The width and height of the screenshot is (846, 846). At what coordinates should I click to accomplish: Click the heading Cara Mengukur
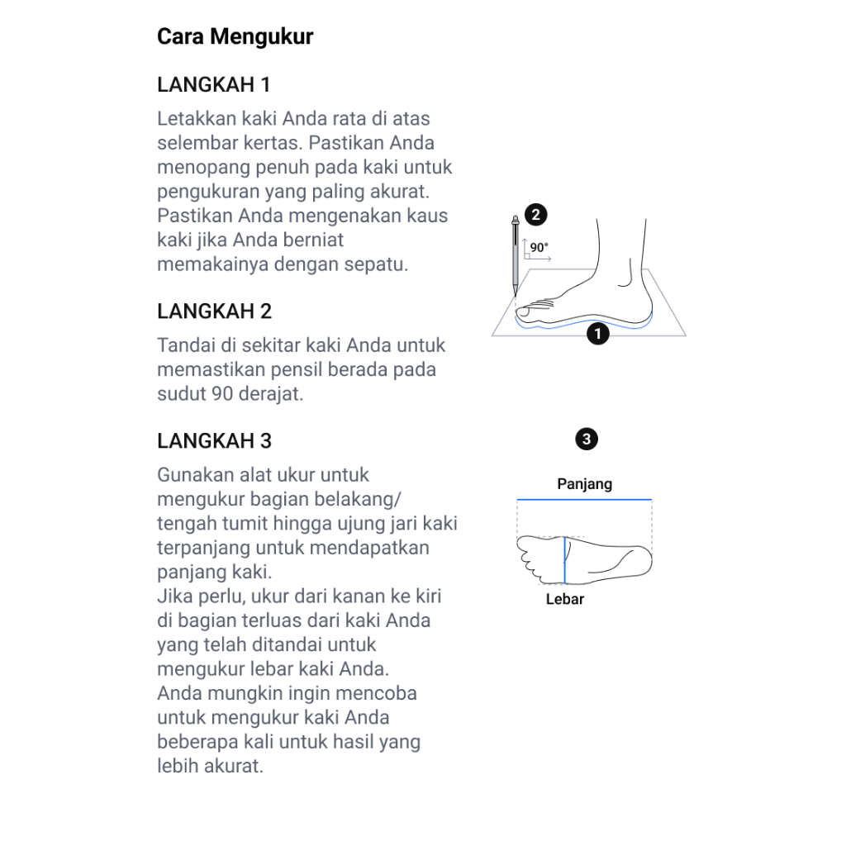point(235,37)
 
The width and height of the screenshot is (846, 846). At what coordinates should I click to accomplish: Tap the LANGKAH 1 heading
point(214,85)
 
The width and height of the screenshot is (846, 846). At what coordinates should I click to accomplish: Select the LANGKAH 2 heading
point(214,311)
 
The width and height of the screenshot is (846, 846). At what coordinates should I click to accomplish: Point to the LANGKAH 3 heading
point(214,440)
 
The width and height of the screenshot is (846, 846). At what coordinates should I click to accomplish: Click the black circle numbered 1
point(596,335)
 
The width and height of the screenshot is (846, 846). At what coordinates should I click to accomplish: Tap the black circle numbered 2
point(535,216)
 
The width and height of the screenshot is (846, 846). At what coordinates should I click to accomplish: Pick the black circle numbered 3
point(587,439)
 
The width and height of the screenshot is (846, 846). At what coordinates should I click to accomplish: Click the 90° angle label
point(539,247)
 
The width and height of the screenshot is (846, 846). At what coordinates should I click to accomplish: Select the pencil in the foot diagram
point(516,256)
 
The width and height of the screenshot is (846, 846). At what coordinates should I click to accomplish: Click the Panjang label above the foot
point(584,484)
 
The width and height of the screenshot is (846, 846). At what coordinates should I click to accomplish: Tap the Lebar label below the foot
point(565,599)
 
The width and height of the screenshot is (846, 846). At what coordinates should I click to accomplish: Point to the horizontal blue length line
point(584,500)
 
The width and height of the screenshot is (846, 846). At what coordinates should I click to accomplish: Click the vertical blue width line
point(565,560)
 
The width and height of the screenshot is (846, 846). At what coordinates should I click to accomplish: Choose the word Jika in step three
point(173,596)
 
